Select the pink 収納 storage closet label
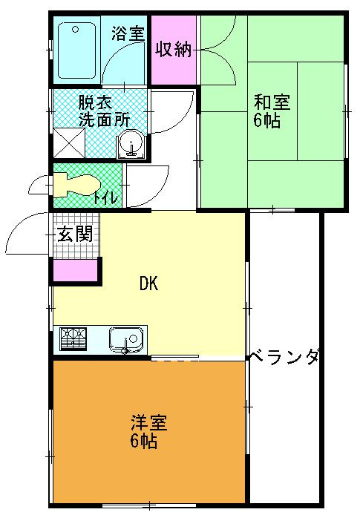pos(174,50)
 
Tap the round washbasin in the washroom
pos(132,142)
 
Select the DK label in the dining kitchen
pos(148,284)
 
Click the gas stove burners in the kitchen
pos(73,340)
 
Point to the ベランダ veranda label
pos(284,357)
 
